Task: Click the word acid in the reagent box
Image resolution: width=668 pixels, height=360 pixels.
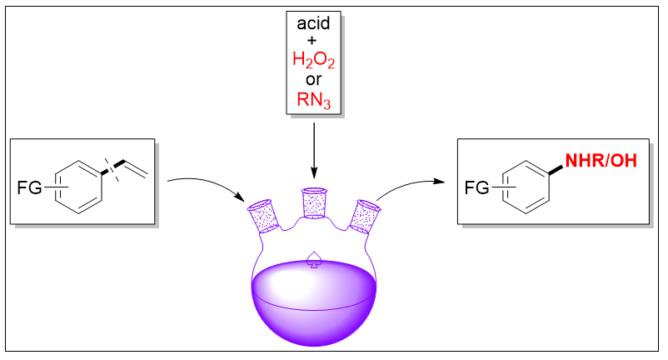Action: click(x=313, y=23)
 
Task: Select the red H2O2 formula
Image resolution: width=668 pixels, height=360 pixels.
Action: click(x=313, y=60)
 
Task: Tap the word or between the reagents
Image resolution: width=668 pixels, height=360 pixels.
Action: click(x=313, y=79)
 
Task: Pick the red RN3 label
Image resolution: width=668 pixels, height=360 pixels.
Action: click(x=313, y=100)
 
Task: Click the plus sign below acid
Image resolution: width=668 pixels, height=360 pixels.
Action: click(x=312, y=41)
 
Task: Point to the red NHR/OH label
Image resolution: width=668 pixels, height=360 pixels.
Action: click(x=601, y=161)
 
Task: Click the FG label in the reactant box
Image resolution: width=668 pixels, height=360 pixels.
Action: click(x=29, y=187)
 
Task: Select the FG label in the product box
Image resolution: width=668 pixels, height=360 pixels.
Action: click(x=476, y=187)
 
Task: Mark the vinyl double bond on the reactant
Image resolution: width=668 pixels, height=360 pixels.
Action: click(x=136, y=168)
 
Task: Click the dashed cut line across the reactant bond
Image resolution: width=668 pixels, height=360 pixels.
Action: click(x=112, y=169)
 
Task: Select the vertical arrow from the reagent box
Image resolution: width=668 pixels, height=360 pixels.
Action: click(x=314, y=150)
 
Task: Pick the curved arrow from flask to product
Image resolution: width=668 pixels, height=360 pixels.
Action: click(x=409, y=184)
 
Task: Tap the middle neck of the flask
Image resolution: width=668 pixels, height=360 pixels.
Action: click(x=314, y=203)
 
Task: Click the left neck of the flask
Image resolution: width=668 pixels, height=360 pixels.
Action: click(x=265, y=216)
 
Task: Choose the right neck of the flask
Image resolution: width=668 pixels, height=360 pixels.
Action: click(x=365, y=216)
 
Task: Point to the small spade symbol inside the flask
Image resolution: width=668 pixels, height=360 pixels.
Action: click(x=314, y=259)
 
